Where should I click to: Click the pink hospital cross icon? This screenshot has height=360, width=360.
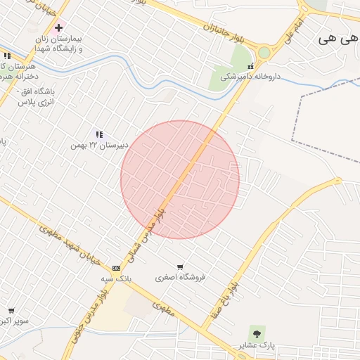(58, 27)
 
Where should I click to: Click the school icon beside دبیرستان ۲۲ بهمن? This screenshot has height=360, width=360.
(99, 134)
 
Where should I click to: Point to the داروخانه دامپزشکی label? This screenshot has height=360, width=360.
(251, 76)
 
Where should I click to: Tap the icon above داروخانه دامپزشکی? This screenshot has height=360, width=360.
(250, 66)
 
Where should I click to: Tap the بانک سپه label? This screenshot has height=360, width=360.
(116, 279)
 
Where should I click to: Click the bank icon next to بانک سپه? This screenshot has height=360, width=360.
(115, 268)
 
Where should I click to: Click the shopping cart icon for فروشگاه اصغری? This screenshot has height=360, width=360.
(180, 266)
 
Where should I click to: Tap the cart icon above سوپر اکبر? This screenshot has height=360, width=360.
(11, 310)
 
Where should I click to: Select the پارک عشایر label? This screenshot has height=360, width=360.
(257, 345)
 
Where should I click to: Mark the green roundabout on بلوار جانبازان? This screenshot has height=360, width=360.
(264, 52)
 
